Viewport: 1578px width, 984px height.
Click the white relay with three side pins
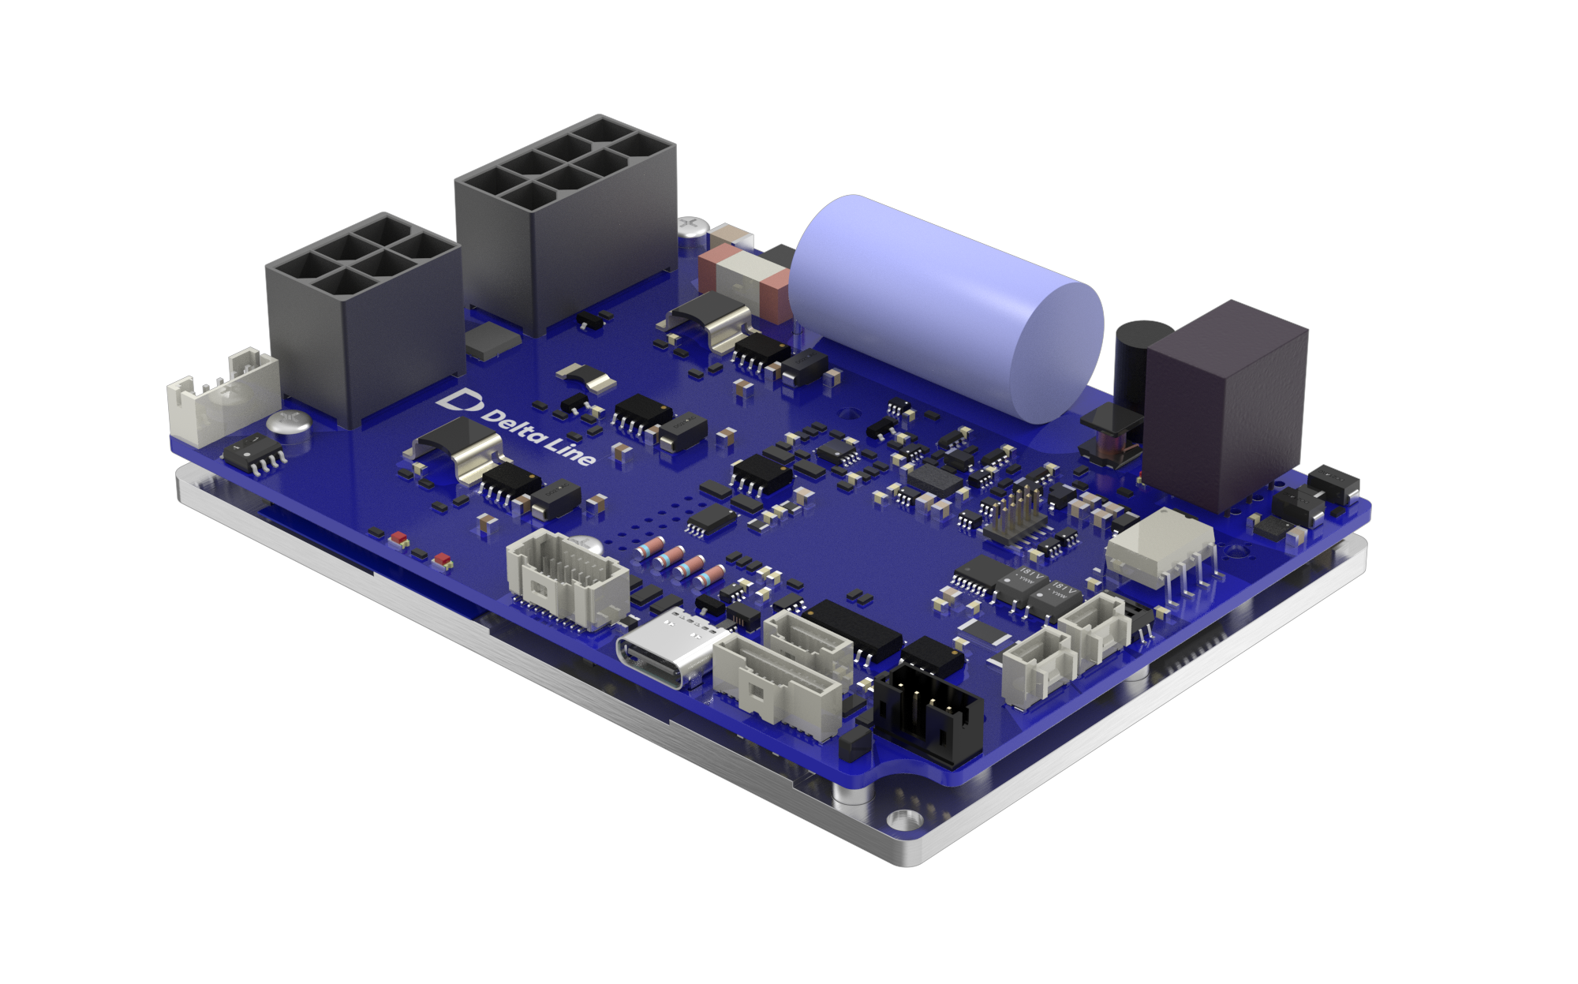point(1160,552)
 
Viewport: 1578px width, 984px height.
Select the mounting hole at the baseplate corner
point(899,821)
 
